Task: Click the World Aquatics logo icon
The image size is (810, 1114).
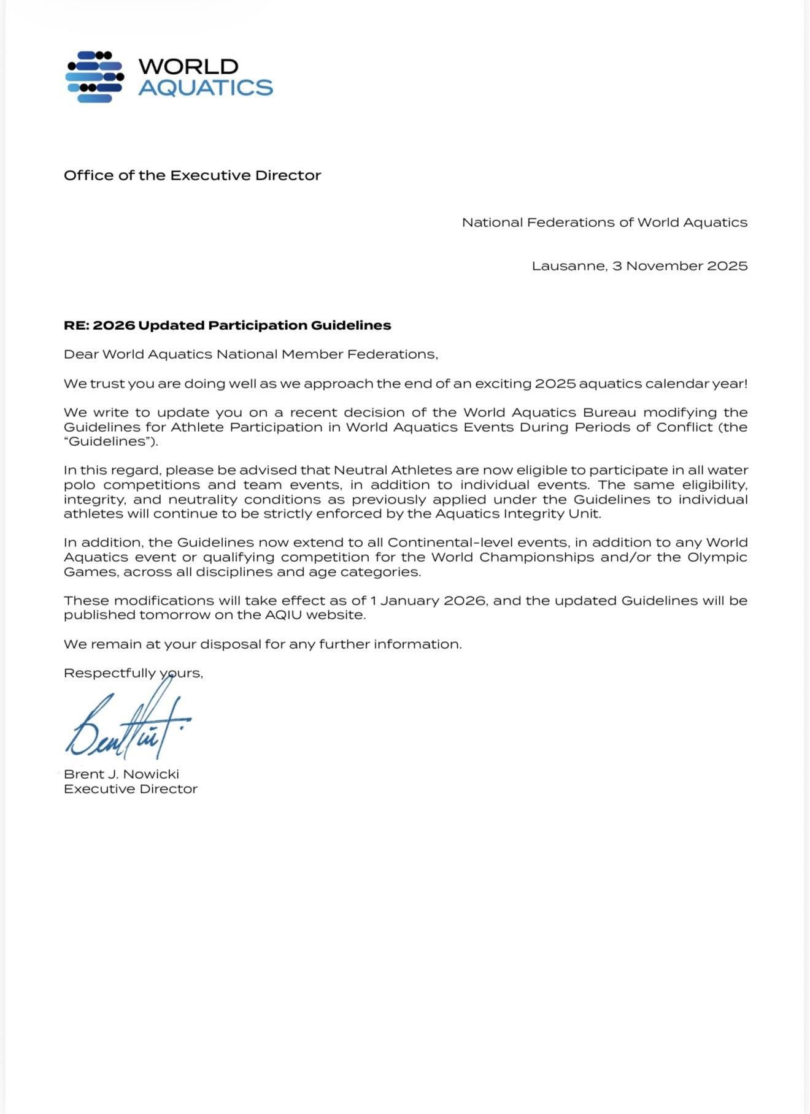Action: (x=94, y=77)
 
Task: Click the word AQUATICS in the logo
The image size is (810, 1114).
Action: (x=206, y=88)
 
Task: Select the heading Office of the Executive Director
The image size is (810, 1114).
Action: (x=192, y=175)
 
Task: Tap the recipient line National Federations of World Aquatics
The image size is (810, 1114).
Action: (x=604, y=223)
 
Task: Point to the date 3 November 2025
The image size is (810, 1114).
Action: (x=680, y=266)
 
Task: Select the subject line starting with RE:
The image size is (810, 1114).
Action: (x=227, y=326)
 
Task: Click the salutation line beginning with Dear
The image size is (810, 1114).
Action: (x=250, y=354)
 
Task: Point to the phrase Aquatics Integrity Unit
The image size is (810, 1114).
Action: (x=517, y=514)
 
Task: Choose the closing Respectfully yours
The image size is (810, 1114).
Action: (x=133, y=673)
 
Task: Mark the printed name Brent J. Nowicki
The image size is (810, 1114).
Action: (x=121, y=774)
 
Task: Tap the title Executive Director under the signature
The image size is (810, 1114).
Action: (x=131, y=789)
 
